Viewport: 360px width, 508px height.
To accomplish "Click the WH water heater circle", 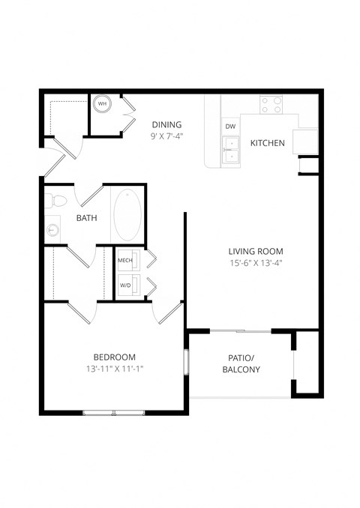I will tap(101, 104).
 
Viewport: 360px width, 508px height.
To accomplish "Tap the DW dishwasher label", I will tap(230, 127).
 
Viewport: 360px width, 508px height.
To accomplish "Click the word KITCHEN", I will tap(267, 143).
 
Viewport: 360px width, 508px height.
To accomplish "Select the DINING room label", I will tap(166, 124).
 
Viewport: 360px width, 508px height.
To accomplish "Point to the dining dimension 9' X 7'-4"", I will tap(166, 136).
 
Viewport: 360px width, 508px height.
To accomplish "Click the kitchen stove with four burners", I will tap(271, 104).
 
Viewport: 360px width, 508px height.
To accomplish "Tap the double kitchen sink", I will tap(231, 149).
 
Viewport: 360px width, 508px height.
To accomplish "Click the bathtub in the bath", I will tap(127, 214).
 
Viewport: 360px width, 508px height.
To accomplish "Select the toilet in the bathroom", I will tap(55, 201).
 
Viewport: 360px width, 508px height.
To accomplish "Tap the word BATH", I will tap(87, 218).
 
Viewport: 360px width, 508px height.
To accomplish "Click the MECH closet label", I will tap(124, 260).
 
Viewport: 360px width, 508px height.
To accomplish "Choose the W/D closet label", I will tap(124, 285).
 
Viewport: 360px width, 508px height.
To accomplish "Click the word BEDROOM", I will tap(114, 357).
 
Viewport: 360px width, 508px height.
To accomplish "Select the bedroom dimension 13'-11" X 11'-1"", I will tap(114, 369).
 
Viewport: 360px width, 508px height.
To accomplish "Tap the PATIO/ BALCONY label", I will tap(241, 363).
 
